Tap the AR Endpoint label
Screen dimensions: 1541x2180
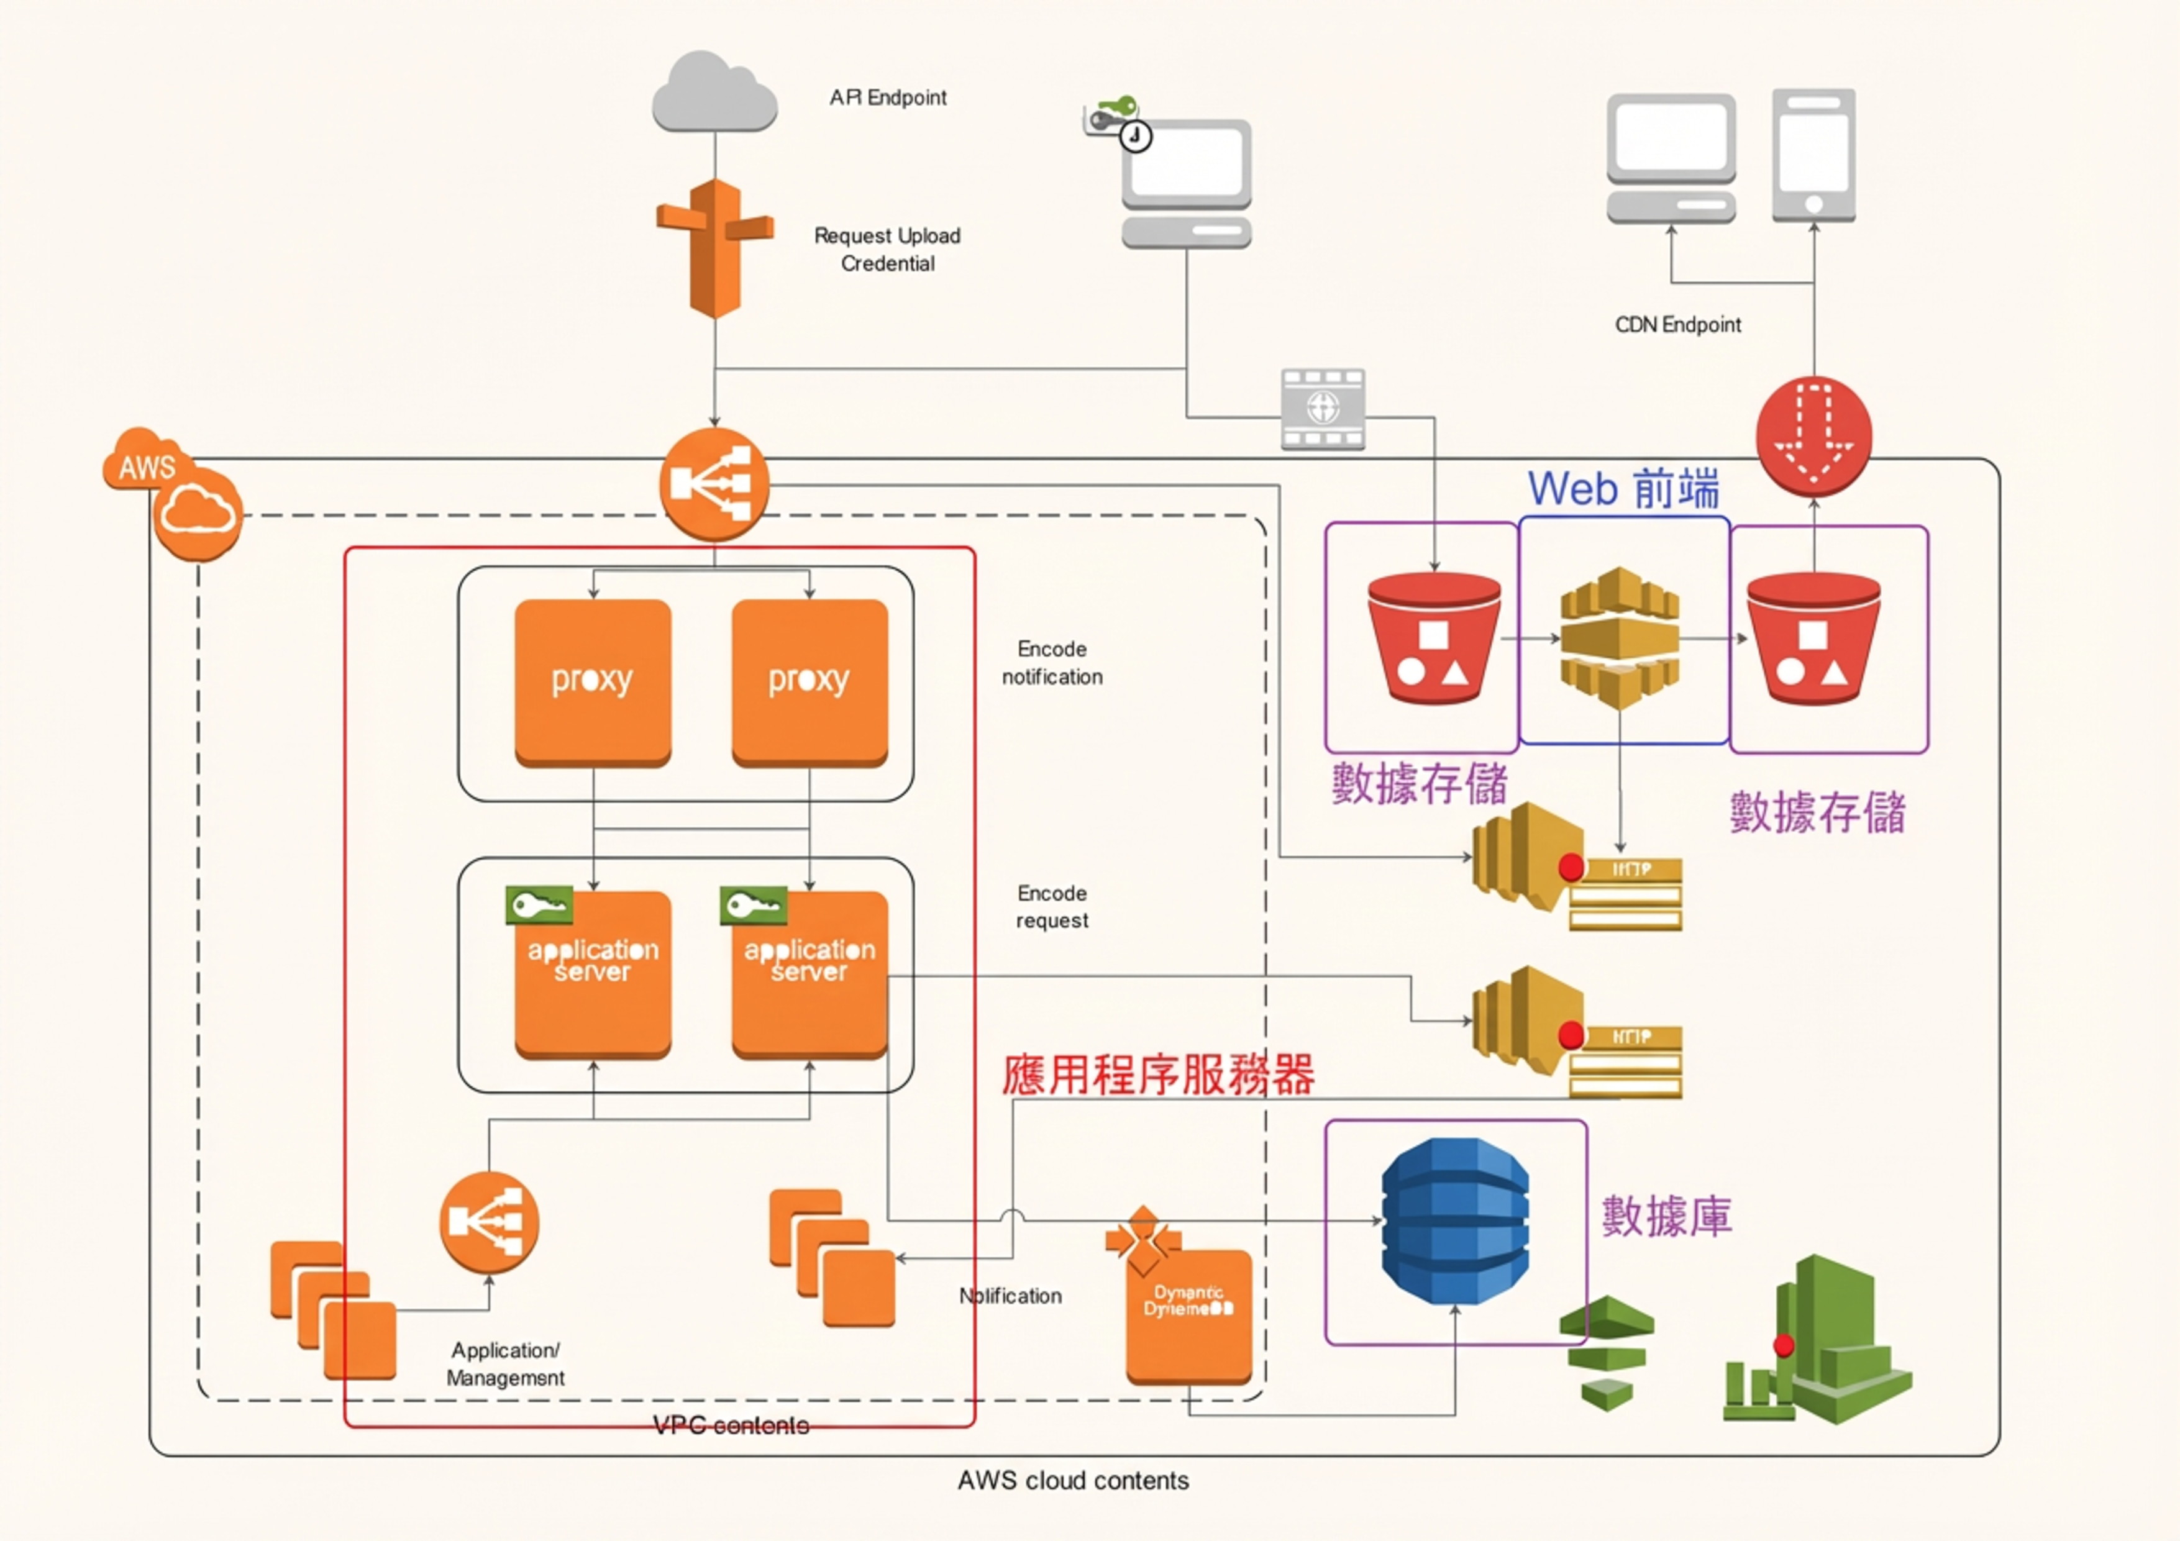[x=888, y=98]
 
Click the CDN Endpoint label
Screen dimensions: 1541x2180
[x=1678, y=325]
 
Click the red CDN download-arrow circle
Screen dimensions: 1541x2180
[x=1813, y=436]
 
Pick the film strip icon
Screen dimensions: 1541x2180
[x=1323, y=409]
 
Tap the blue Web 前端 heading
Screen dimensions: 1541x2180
[x=1623, y=489]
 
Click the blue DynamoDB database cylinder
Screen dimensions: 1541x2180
[x=1454, y=1221]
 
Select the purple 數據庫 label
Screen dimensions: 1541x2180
[x=1666, y=1216]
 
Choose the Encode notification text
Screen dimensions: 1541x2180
[x=1052, y=663]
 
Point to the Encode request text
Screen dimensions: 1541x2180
[x=1052, y=907]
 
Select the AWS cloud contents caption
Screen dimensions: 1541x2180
[x=1073, y=1480]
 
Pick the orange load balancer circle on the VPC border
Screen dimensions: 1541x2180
[x=714, y=484]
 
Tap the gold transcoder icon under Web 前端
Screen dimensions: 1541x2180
[x=1620, y=637]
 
